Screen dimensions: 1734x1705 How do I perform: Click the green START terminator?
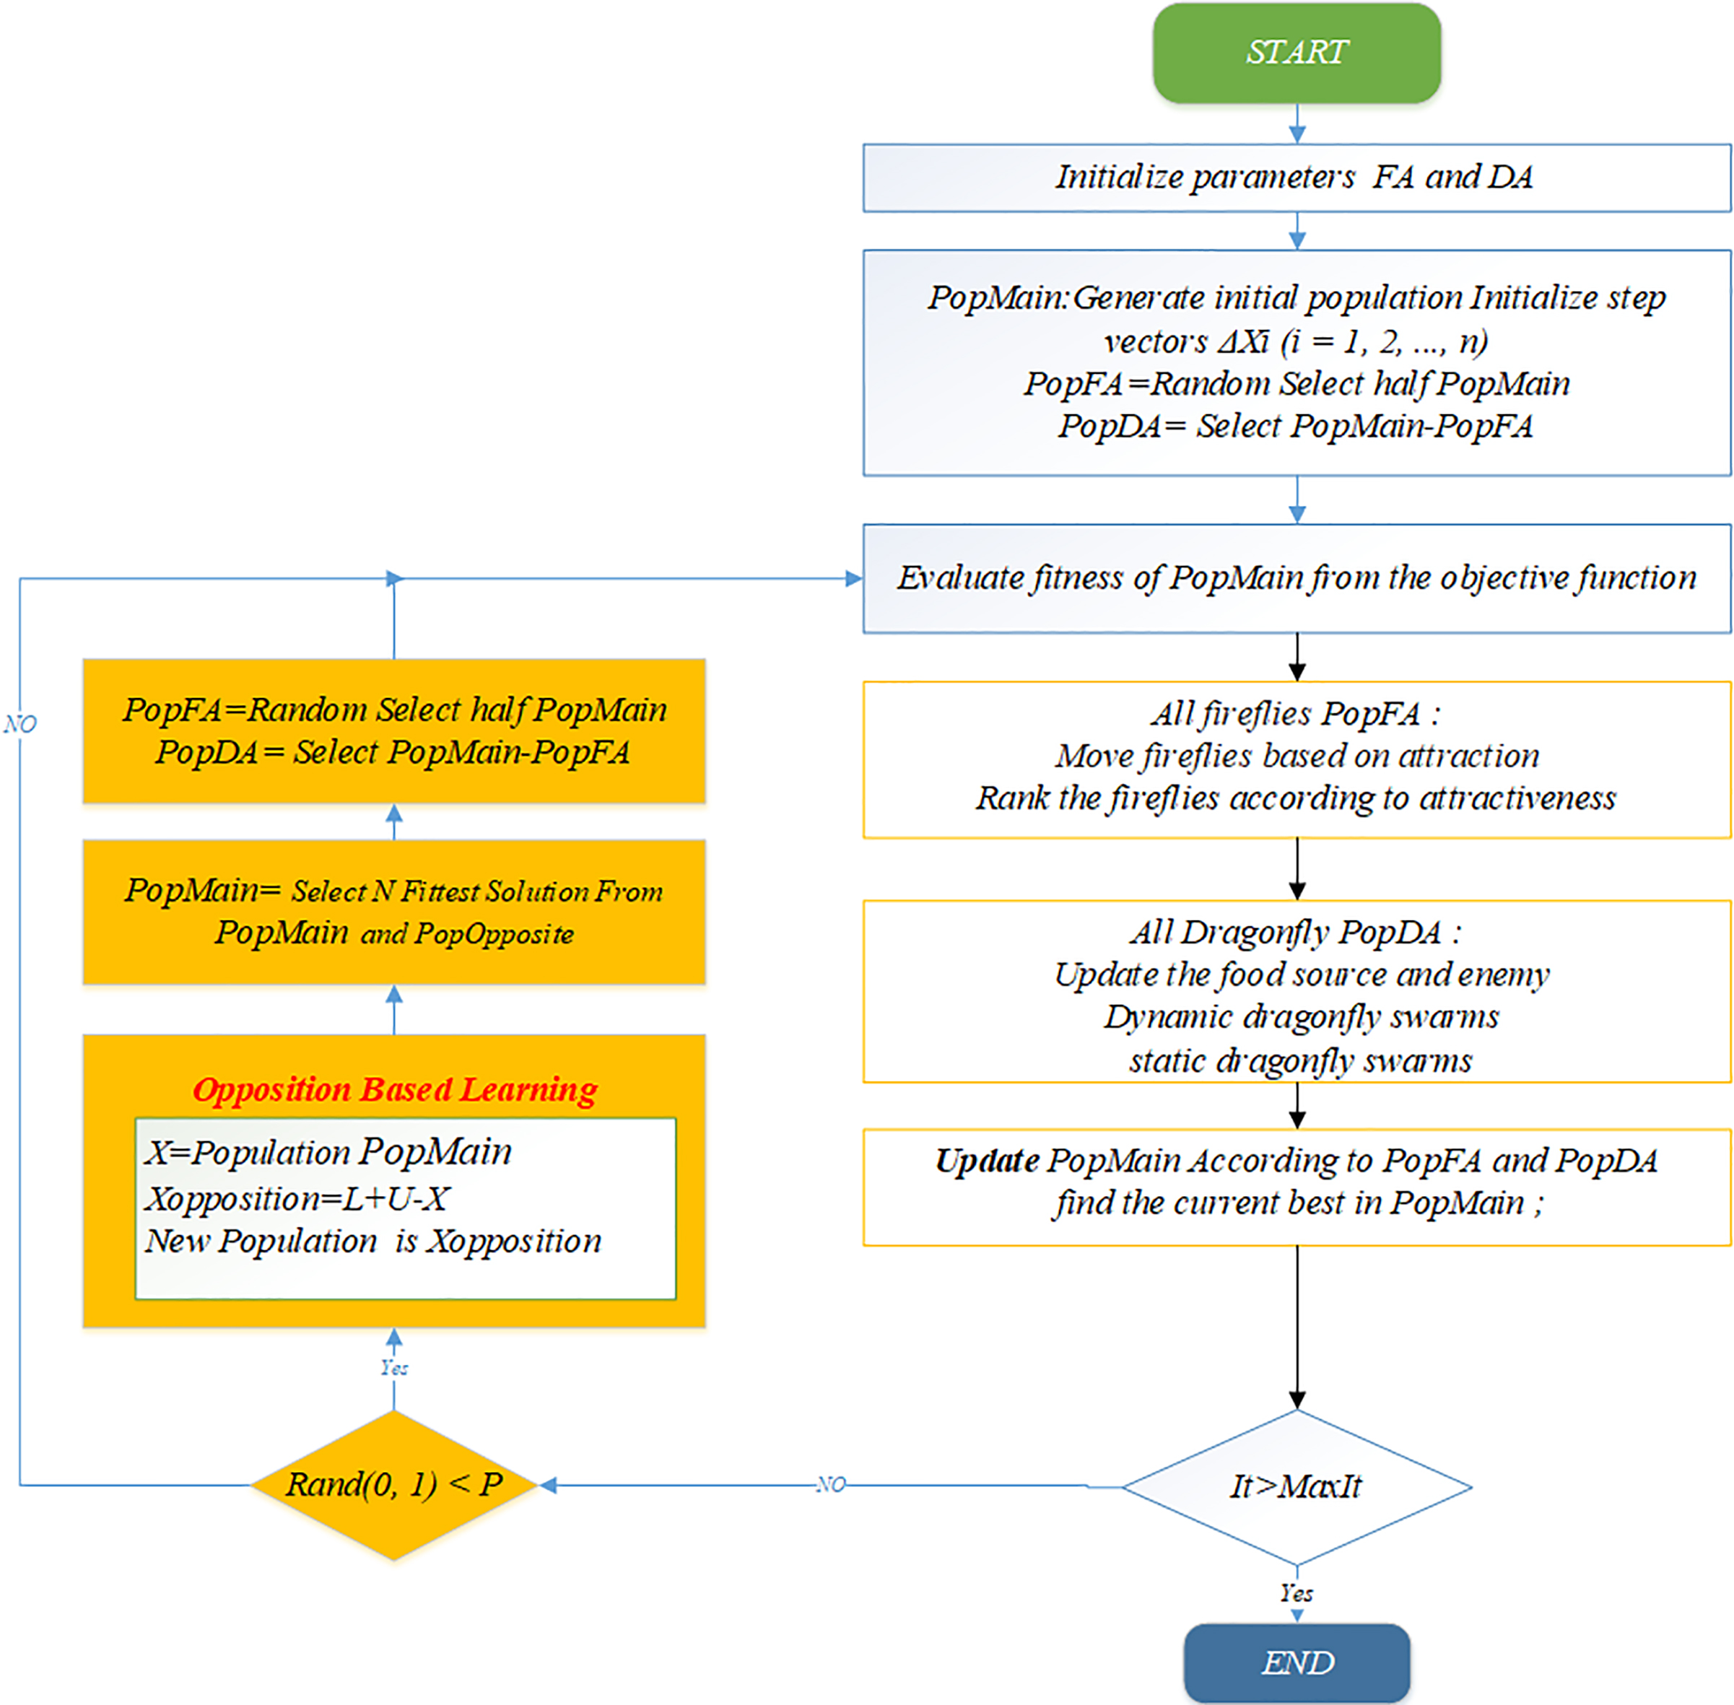click(1296, 52)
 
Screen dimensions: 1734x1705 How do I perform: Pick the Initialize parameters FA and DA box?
click(1296, 178)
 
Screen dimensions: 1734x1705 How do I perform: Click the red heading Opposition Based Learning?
click(395, 1090)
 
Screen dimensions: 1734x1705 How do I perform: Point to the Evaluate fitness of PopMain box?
click(1296, 578)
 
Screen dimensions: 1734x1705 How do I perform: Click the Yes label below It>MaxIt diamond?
click(1296, 1593)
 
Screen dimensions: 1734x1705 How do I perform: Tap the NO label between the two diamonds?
click(830, 1485)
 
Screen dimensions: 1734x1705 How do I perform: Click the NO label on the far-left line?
click(19, 723)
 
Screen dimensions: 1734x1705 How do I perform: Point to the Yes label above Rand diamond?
click(394, 1367)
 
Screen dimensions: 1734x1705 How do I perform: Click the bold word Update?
click(987, 1161)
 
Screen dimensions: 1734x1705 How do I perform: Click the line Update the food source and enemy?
click(1302, 974)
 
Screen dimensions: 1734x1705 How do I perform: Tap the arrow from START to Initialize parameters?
click(1296, 123)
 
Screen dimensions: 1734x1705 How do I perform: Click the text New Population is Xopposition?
click(373, 1241)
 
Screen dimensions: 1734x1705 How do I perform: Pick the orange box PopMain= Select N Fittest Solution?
click(394, 912)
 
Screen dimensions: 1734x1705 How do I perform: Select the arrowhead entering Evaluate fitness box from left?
click(853, 578)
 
